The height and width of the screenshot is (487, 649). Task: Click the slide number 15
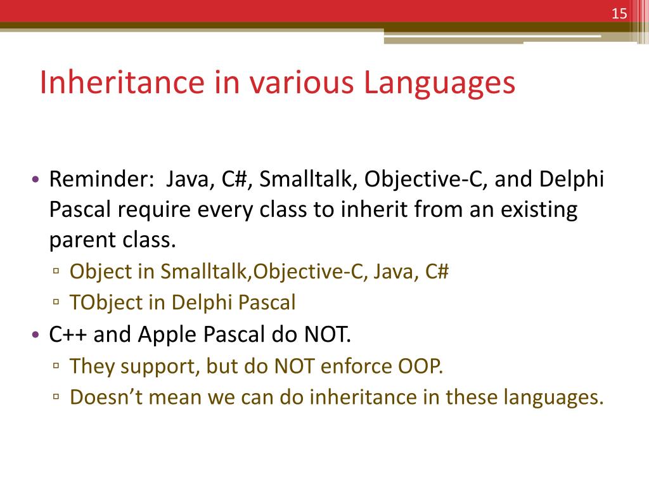coord(619,14)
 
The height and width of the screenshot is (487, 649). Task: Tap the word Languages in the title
coord(439,84)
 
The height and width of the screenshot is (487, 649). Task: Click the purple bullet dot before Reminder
coord(35,181)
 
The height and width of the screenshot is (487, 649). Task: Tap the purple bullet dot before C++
coord(35,335)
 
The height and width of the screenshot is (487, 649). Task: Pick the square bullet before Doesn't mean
coord(57,398)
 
